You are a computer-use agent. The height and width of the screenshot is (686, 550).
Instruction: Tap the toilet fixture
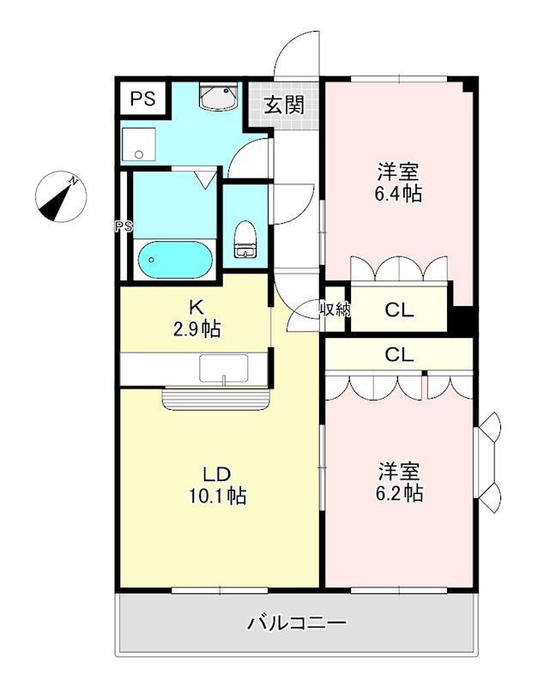pyautogui.click(x=245, y=240)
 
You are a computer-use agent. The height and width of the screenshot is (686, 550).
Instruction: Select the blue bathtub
pyautogui.click(x=174, y=258)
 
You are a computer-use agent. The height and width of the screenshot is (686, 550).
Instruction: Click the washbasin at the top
pyautogui.click(x=218, y=98)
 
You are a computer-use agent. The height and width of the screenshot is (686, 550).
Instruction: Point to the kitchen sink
pyautogui.click(x=224, y=369)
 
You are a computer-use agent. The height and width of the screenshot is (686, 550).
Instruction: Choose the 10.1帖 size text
pyautogui.click(x=218, y=496)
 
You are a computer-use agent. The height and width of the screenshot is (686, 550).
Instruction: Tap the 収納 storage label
pyautogui.click(x=335, y=310)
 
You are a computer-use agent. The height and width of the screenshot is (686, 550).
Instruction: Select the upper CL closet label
pyautogui.click(x=398, y=310)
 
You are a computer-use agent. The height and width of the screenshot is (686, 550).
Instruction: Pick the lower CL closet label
pyautogui.click(x=398, y=352)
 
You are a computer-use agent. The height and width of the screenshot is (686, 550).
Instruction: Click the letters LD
pyautogui.click(x=218, y=474)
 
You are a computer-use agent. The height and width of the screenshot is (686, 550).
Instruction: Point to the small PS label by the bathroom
pyautogui.click(x=124, y=226)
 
